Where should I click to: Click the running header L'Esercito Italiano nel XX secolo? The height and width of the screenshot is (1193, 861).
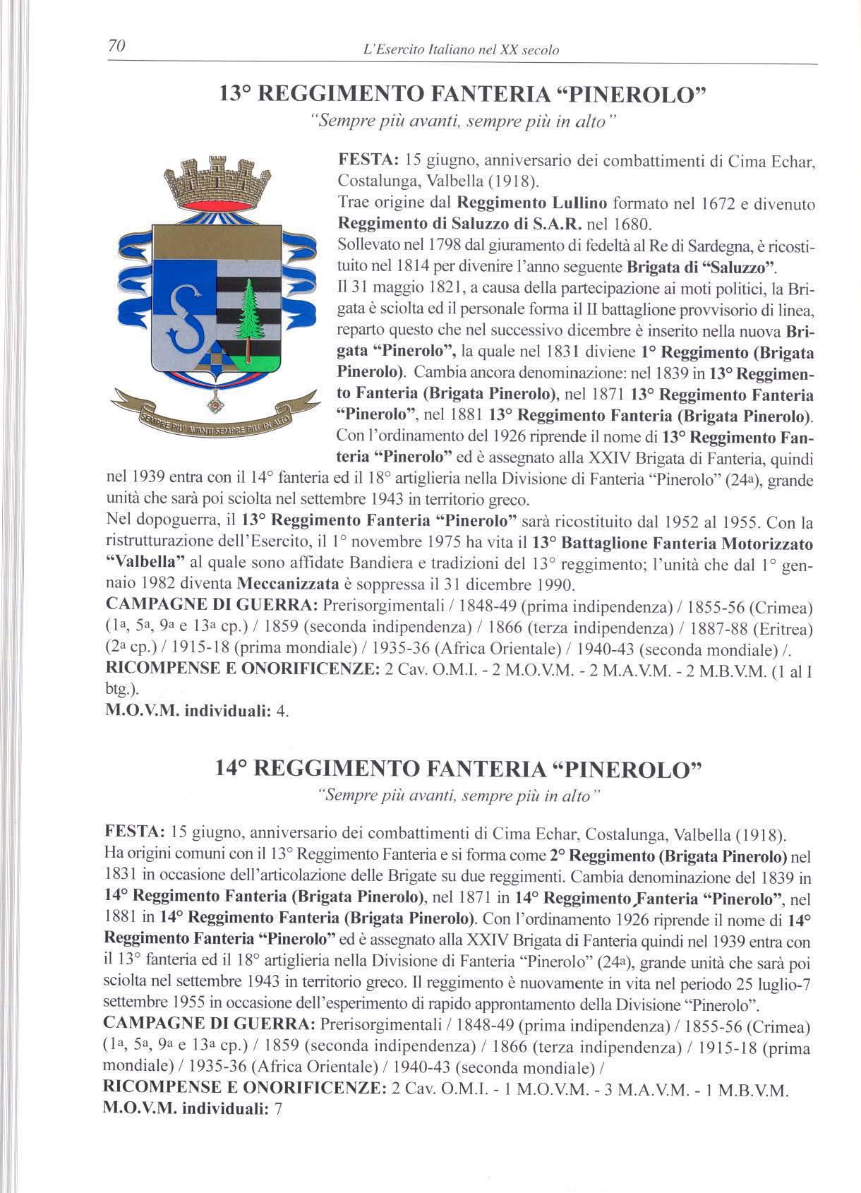459,50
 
